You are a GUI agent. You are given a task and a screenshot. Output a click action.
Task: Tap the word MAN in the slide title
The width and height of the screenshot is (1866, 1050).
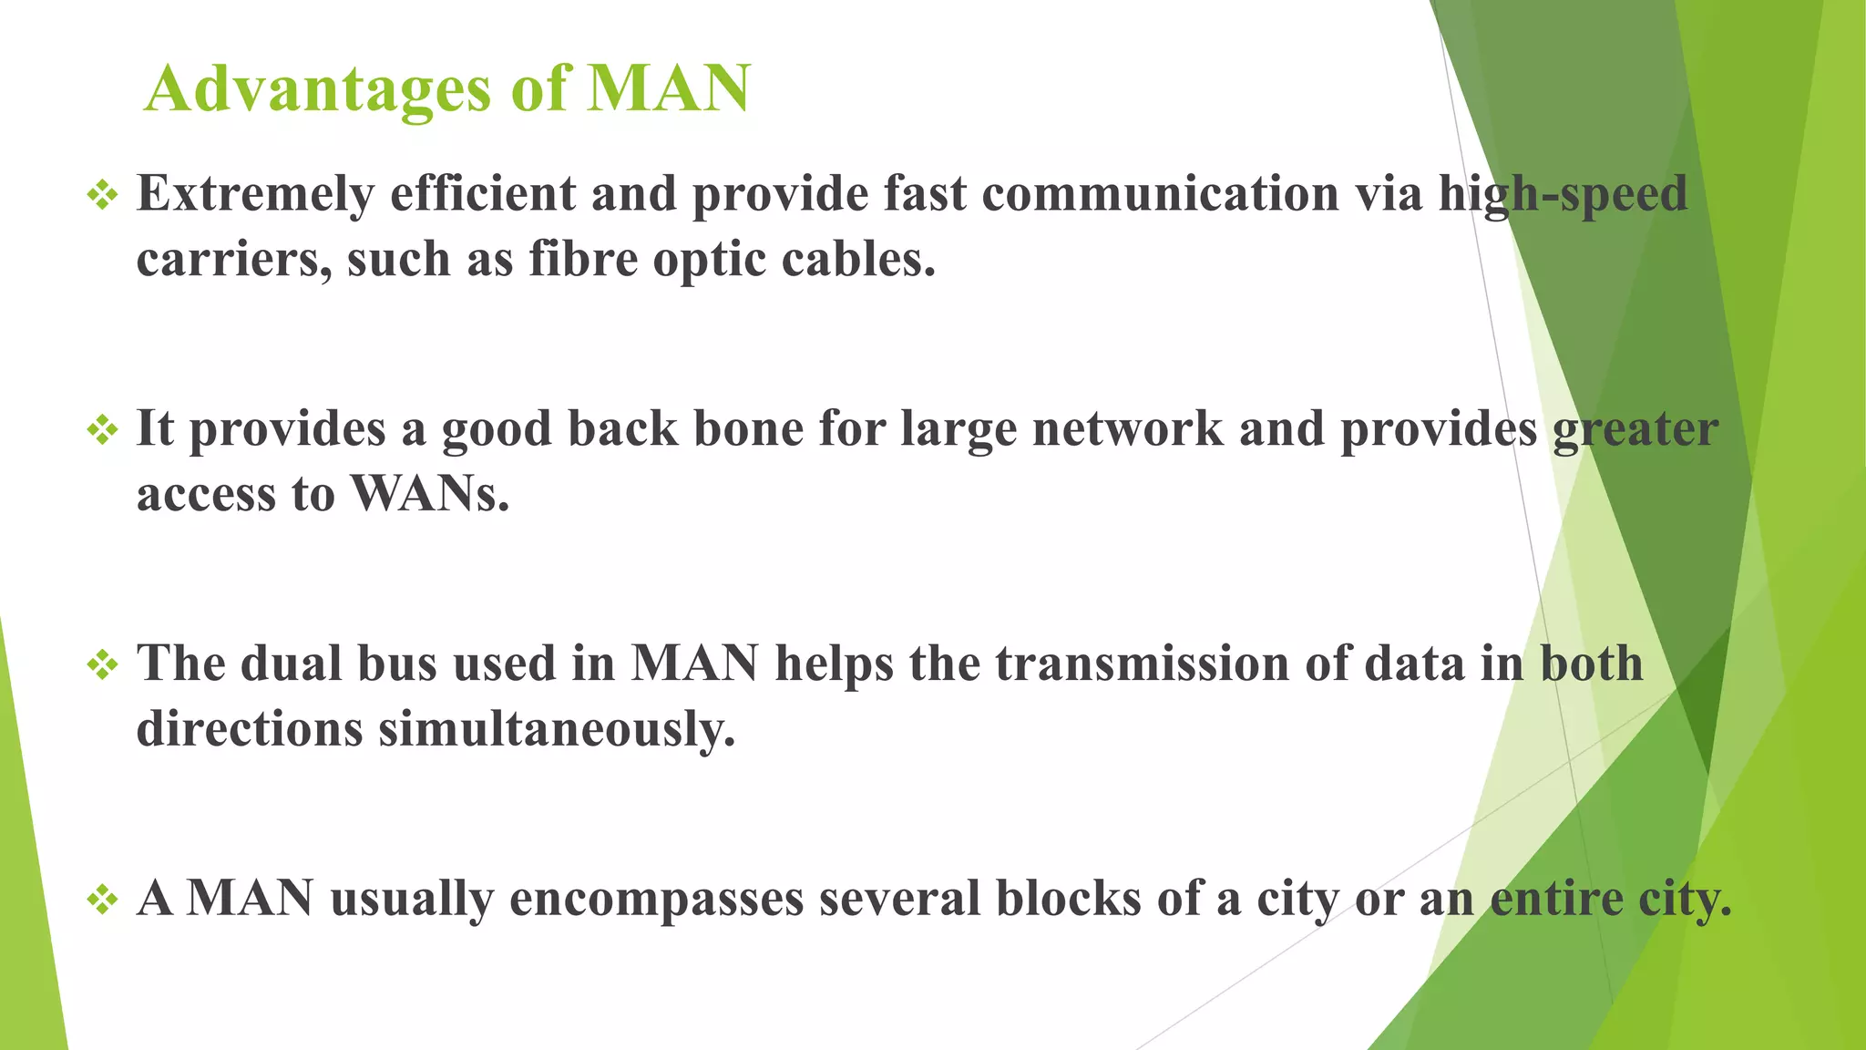668,89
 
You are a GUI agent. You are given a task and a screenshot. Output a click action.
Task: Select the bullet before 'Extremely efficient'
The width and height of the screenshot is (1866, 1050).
102,194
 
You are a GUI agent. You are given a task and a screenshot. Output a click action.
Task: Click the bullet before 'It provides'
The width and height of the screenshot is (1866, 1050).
102,429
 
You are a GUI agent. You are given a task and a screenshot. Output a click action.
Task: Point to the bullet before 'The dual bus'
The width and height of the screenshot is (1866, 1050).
102,664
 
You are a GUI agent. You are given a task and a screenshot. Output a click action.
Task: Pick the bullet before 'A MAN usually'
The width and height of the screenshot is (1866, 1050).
102,900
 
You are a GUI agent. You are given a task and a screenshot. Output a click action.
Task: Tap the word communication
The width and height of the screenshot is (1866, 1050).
1155,194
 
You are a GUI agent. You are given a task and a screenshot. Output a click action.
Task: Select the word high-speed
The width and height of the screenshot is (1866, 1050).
1563,194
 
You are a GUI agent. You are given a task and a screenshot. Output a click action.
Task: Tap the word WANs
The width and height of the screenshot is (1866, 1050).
429,495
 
